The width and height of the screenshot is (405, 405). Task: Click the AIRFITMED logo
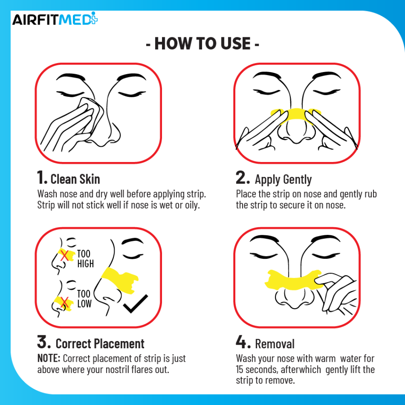55,19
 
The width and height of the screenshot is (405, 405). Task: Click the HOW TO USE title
202,43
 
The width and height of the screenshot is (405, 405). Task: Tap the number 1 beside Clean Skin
42,177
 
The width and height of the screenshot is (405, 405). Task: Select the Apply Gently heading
283,179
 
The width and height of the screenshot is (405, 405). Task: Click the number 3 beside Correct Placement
44,342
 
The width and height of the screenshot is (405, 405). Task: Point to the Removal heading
275,344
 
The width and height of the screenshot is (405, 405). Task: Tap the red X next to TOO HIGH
64,256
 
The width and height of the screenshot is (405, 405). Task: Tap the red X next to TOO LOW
64,302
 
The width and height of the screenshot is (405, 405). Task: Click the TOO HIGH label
85,258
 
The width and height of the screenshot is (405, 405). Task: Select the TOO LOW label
84,298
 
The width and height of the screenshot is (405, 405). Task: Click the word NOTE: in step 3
49,358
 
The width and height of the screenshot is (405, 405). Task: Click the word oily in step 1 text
192,205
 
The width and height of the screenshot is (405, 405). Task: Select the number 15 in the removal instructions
239,369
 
